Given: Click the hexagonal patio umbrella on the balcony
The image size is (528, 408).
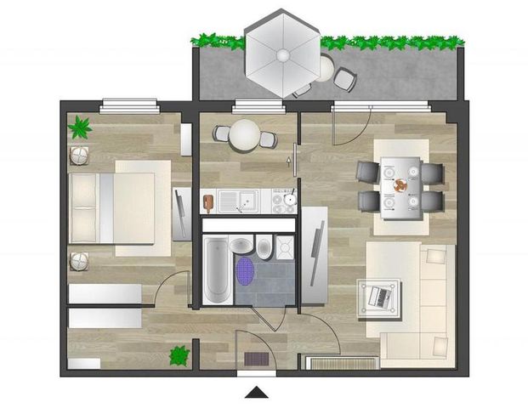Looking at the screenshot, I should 281,53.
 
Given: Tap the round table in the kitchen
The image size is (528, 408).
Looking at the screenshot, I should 245,134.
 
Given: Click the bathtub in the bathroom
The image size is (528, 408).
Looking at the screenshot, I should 216,271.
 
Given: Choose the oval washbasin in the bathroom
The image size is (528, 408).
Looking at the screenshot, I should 241,245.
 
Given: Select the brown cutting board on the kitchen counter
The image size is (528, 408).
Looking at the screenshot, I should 207,202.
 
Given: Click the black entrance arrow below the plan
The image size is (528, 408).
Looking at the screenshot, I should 258,392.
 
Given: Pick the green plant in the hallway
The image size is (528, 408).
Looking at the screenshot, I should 179,354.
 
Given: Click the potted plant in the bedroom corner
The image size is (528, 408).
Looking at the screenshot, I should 80,128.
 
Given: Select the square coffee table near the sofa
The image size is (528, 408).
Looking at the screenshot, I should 379,297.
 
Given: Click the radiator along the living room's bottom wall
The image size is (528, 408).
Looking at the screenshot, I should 340,363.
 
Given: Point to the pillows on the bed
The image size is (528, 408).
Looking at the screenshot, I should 84,208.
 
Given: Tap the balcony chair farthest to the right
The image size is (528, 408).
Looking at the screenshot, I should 345,80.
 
